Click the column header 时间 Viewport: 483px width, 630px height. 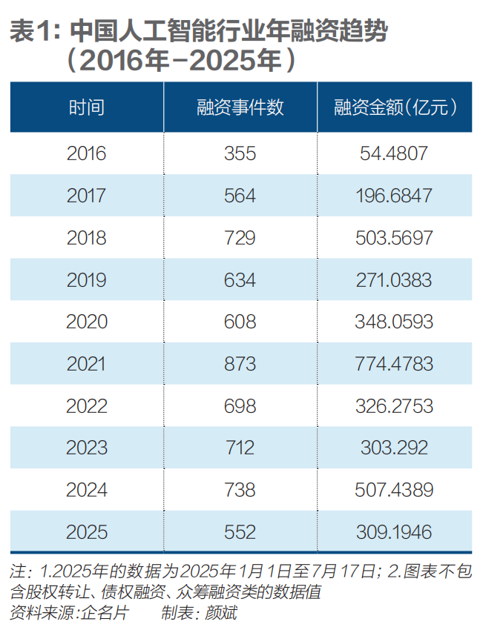click(x=87, y=107)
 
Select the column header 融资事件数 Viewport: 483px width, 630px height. click(x=240, y=107)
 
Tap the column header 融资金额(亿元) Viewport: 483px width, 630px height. click(x=394, y=107)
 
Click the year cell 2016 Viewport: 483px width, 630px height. click(x=87, y=153)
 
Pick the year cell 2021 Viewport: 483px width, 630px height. click(x=87, y=364)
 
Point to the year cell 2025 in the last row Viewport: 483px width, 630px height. click(x=87, y=532)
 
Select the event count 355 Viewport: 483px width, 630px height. click(x=240, y=153)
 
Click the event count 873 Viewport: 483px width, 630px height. click(x=240, y=364)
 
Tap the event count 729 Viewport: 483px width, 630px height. click(x=240, y=238)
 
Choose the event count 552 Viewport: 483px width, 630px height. click(x=240, y=532)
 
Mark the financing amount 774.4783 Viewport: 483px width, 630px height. click(x=394, y=364)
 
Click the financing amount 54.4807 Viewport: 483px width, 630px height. click(x=394, y=153)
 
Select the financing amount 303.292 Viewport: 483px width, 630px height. click(x=394, y=448)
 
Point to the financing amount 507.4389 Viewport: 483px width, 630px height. click(x=394, y=490)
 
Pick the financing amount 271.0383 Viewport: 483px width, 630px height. click(x=394, y=280)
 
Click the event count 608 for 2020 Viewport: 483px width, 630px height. click(x=240, y=322)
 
